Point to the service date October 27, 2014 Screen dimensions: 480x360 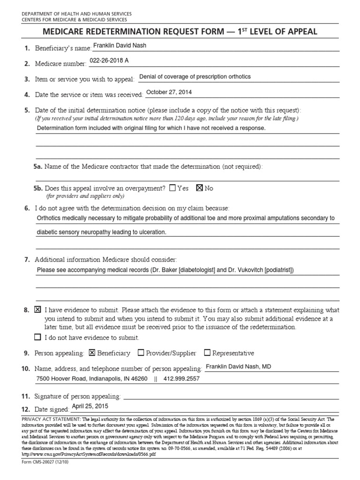pyautogui.click(x=169, y=92)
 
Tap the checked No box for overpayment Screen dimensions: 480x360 pyautogui.click(x=199, y=188)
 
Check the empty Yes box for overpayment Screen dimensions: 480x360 pyautogui.click(x=172, y=188)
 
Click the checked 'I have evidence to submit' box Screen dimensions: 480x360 pyautogui.click(x=38, y=310)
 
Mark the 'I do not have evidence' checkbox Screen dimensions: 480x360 pyautogui.click(x=38, y=337)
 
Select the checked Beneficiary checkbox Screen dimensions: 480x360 pyautogui.click(x=92, y=352)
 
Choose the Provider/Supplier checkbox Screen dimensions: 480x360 pyautogui.click(x=141, y=352)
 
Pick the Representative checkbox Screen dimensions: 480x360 pyautogui.click(x=208, y=352)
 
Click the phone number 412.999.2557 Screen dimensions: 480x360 pyautogui.click(x=181, y=378)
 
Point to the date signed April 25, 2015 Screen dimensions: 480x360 pyautogui.click(x=90, y=407)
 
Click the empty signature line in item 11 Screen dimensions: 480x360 pyautogui.click(x=230, y=397)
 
